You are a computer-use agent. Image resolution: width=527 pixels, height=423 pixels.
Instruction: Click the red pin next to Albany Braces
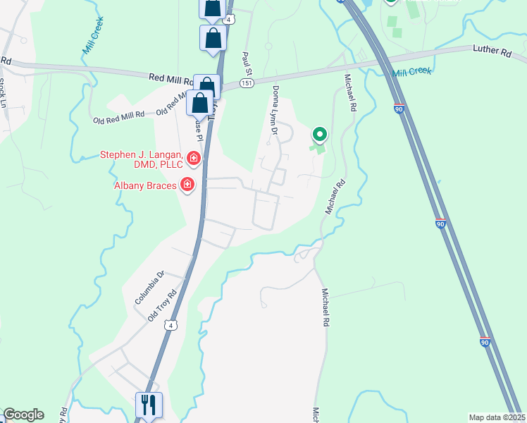(x=187, y=185)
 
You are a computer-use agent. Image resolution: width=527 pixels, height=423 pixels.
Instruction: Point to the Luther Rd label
(x=492, y=50)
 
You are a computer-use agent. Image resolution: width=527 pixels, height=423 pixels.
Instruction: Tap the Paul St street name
(x=247, y=63)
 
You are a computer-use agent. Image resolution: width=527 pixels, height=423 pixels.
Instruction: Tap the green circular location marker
(x=319, y=133)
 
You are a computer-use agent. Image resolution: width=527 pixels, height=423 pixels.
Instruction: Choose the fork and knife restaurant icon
(x=149, y=405)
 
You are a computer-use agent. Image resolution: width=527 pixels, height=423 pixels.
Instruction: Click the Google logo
(x=23, y=415)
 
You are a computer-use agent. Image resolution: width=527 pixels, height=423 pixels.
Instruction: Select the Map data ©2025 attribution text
(x=497, y=417)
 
